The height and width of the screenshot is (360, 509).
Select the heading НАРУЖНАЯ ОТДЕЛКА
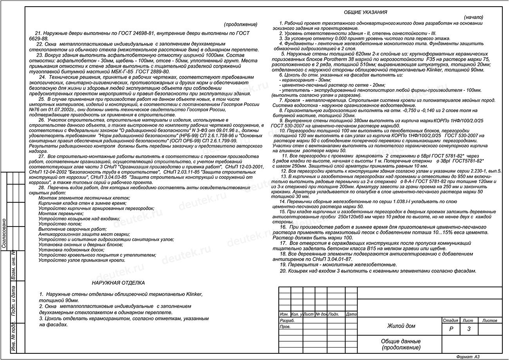118,283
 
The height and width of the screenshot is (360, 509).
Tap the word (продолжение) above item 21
240,24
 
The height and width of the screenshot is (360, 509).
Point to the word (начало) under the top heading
473,18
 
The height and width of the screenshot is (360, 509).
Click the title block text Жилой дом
401,326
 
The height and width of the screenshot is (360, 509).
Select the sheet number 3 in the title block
469,329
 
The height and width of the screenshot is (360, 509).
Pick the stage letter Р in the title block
451,329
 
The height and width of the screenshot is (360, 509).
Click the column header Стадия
450,320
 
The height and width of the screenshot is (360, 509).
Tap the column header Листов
490,320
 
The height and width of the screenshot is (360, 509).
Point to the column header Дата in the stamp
351,314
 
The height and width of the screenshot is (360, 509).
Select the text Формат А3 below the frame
467,357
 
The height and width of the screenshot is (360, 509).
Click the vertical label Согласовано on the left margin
4,233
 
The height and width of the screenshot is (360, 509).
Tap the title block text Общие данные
401,342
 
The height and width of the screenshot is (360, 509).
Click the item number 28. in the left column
42,188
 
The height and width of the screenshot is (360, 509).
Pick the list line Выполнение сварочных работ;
67,229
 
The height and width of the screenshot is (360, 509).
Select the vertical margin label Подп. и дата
13,301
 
